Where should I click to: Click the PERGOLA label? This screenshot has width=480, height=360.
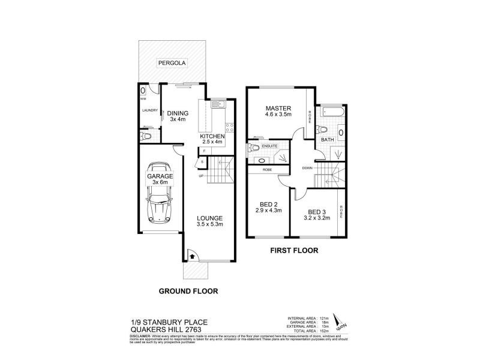[x=170, y=63]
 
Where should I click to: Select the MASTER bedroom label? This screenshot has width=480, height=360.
[x=278, y=108]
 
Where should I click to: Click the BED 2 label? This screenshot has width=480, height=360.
[x=269, y=203]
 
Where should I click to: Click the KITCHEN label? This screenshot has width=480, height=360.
[x=212, y=137]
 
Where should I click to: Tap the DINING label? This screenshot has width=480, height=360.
[x=178, y=113]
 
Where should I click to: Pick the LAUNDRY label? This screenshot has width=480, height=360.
[x=150, y=110]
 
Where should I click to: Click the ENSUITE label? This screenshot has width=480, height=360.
[x=269, y=145]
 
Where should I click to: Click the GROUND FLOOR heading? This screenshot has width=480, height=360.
[x=188, y=291]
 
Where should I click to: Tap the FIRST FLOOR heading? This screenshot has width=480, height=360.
[x=294, y=250]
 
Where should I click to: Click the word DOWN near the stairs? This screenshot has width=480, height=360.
[x=307, y=167]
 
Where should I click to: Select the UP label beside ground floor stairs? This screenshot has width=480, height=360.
[x=202, y=175]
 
